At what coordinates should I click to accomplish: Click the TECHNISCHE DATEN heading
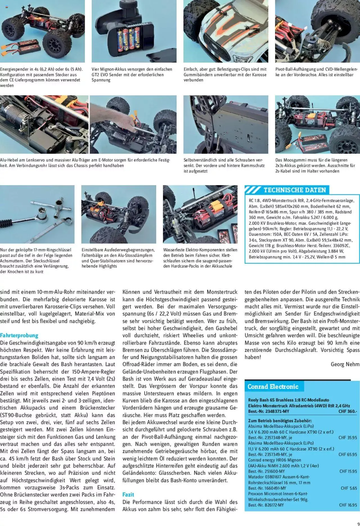(x=294, y=190)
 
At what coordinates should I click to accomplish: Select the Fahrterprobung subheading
(x=19, y=335)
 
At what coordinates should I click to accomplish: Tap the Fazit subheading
(x=128, y=494)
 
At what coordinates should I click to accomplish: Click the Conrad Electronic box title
(x=273, y=387)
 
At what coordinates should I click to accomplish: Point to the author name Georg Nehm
(x=345, y=364)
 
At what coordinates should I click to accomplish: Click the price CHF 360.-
(x=348, y=411)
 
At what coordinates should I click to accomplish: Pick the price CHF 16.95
(x=348, y=505)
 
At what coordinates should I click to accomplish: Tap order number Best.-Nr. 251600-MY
(x=266, y=471)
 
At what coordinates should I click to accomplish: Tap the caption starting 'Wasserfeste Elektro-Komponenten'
(x=200, y=258)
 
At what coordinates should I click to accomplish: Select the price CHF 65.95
(x=347, y=455)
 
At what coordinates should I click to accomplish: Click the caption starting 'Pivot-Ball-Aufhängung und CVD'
(x=316, y=72)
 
